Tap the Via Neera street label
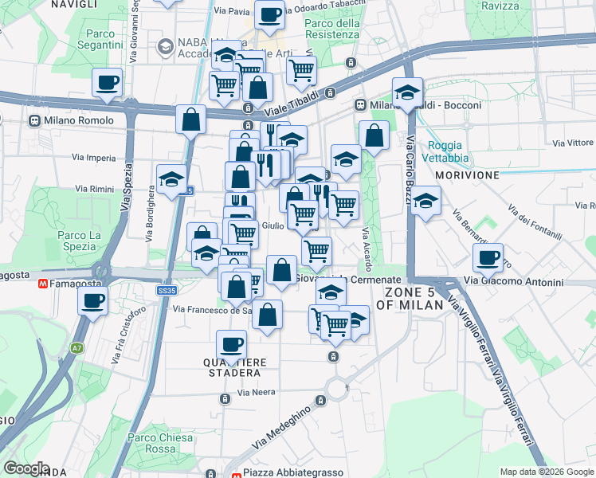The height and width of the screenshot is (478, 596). (256, 393)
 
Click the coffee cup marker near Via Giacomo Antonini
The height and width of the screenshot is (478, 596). (487, 258)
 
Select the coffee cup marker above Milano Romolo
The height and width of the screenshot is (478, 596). (107, 82)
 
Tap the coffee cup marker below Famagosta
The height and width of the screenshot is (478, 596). (93, 301)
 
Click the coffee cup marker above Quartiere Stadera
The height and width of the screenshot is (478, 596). (231, 345)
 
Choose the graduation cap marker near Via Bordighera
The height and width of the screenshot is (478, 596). (171, 179)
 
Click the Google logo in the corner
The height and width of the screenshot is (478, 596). (26, 468)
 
